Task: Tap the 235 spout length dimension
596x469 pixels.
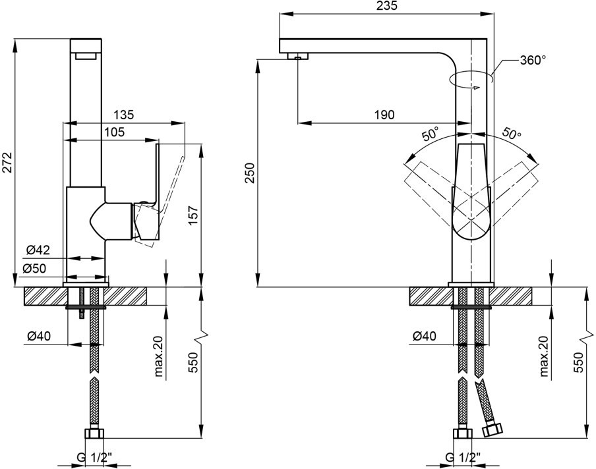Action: point(387,6)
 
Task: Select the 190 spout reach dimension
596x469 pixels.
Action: point(384,115)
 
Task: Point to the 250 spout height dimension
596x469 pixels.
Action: point(249,173)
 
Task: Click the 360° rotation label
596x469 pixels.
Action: point(533,60)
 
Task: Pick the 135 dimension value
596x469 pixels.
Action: point(123,115)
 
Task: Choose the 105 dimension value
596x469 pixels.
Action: point(114,132)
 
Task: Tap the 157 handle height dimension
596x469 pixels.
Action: point(193,215)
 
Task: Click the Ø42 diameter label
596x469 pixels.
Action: point(38,250)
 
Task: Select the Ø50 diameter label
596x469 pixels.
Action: point(34,269)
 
